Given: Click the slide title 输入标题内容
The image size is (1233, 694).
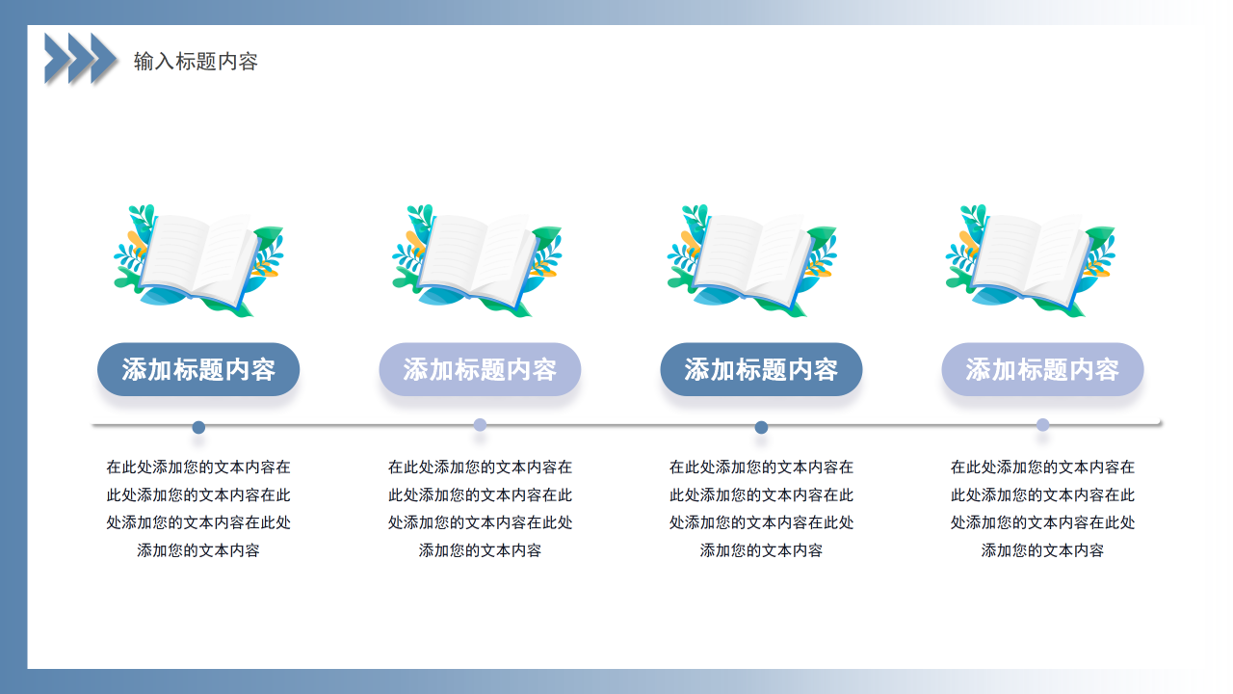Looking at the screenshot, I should pos(196,62).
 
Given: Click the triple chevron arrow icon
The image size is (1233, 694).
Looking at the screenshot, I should pos(81,58).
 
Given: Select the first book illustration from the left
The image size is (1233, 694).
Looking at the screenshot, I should pos(198,259).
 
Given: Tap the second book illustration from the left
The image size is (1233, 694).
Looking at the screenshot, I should pos(477,259).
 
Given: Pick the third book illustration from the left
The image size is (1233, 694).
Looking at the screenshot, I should pos(752,259).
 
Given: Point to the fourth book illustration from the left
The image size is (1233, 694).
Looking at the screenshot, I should pos(1030,259).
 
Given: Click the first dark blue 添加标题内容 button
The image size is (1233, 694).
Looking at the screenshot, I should pos(198,369).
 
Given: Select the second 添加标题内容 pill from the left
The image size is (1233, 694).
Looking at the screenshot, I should pos(480,369).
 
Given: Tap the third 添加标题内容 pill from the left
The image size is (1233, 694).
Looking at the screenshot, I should pos(761,369).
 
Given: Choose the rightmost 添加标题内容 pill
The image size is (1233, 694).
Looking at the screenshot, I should pos(1042,369).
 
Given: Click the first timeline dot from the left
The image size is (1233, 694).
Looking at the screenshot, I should pos(198,427).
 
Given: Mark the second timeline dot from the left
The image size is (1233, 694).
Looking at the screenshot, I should pos(480,425).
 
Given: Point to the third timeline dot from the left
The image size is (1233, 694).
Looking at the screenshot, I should pos(761,427).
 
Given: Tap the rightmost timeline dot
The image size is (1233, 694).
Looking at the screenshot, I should pos(1042,425).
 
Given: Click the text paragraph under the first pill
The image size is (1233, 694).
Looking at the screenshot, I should pos(198,509).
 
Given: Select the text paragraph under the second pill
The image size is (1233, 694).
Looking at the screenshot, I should pos(480,509).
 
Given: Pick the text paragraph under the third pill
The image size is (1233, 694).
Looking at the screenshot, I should pos(761,509).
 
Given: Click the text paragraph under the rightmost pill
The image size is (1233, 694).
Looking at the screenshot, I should pos(1042,509).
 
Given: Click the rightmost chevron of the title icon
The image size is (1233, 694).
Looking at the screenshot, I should pos(105,58).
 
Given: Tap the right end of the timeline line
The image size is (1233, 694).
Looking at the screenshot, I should pos(1159,423).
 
